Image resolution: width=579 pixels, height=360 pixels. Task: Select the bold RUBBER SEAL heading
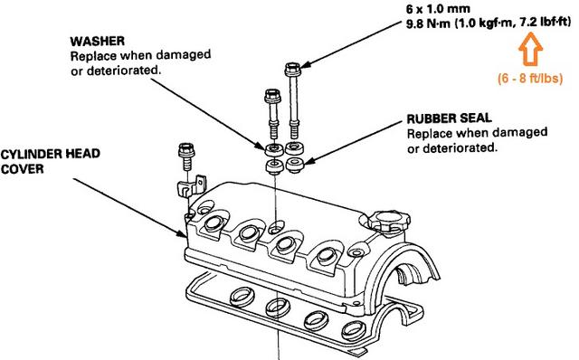448,118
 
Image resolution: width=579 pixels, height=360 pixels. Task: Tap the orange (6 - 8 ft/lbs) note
531,77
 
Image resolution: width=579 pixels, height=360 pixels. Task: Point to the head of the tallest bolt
291,68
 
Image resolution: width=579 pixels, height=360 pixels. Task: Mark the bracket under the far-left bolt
186,189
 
